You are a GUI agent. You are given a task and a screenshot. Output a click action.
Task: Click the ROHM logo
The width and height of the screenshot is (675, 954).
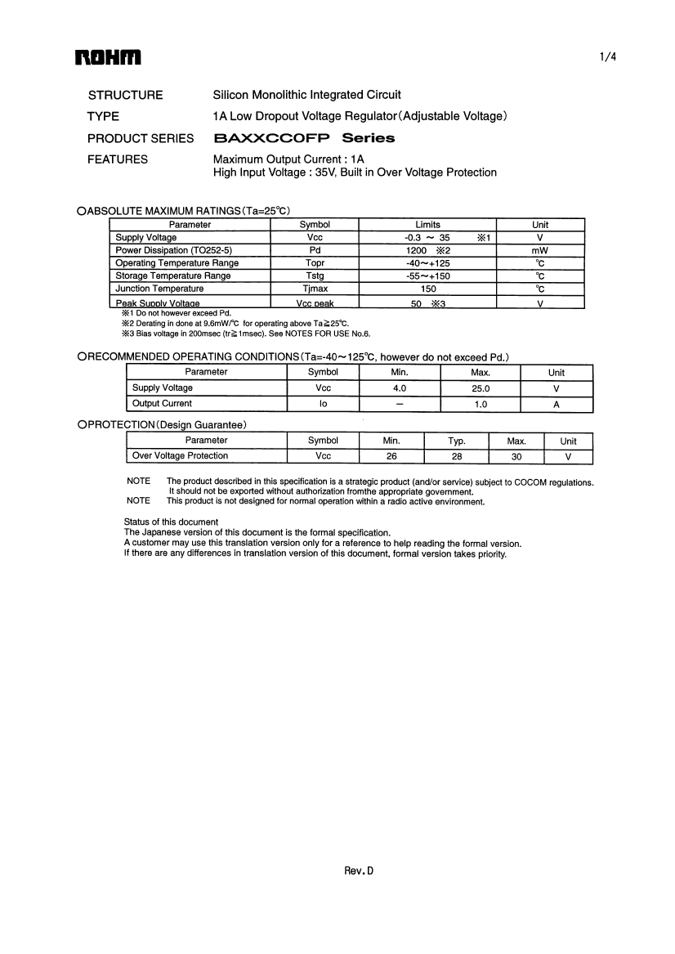(108, 57)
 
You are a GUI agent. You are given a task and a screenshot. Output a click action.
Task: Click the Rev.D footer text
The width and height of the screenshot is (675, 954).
(358, 871)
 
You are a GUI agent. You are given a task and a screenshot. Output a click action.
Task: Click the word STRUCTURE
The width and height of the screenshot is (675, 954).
(125, 95)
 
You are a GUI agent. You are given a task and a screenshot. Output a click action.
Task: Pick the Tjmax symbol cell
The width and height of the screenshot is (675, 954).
(315, 289)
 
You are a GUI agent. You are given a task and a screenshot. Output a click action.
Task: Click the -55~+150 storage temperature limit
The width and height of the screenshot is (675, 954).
(427, 276)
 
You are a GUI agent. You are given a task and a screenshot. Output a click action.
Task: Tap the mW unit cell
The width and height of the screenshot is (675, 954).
(539, 250)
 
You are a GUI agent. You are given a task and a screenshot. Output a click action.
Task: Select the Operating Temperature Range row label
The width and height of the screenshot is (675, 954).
(177, 263)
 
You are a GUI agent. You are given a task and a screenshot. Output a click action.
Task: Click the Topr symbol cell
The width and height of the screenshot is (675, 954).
(315, 263)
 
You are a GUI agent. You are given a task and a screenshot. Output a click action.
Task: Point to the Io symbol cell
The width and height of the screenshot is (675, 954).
(323, 404)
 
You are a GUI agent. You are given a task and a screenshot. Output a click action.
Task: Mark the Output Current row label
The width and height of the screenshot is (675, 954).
(162, 404)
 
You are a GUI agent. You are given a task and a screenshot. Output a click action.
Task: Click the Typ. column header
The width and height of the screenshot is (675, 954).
(456, 441)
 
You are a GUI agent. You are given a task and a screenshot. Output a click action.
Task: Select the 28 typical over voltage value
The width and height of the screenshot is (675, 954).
(456, 456)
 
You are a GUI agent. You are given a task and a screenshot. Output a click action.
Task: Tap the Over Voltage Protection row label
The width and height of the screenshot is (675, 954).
(180, 456)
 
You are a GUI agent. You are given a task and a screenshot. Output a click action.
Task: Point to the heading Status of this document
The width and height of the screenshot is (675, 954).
(171, 522)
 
